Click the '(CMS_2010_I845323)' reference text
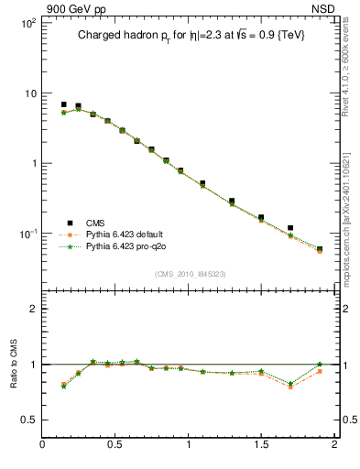coord(191,274)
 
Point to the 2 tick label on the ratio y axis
coord(32,309)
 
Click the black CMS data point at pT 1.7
coord(290,227)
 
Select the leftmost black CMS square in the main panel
coord(63,104)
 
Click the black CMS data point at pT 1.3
coord(232,201)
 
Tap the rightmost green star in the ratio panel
coord(320,365)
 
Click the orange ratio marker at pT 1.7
coord(290,387)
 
